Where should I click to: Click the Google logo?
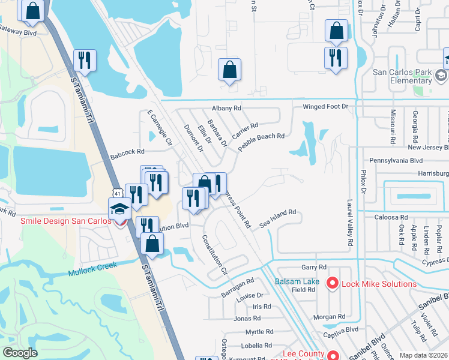(x=20, y=353)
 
